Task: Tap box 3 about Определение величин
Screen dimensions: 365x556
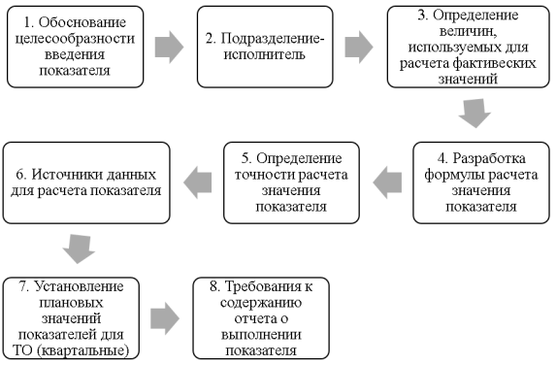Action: click(x=468, y=45)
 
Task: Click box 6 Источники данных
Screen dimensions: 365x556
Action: click(x=85, y=182)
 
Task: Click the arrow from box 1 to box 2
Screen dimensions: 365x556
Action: click(x=168, y=46)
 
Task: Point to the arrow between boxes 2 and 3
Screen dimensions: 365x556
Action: click(x=358, y=46)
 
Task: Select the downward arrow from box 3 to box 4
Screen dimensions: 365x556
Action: click(x=473, y=116)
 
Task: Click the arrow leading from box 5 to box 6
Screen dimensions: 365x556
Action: click(x=199, y=178)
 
